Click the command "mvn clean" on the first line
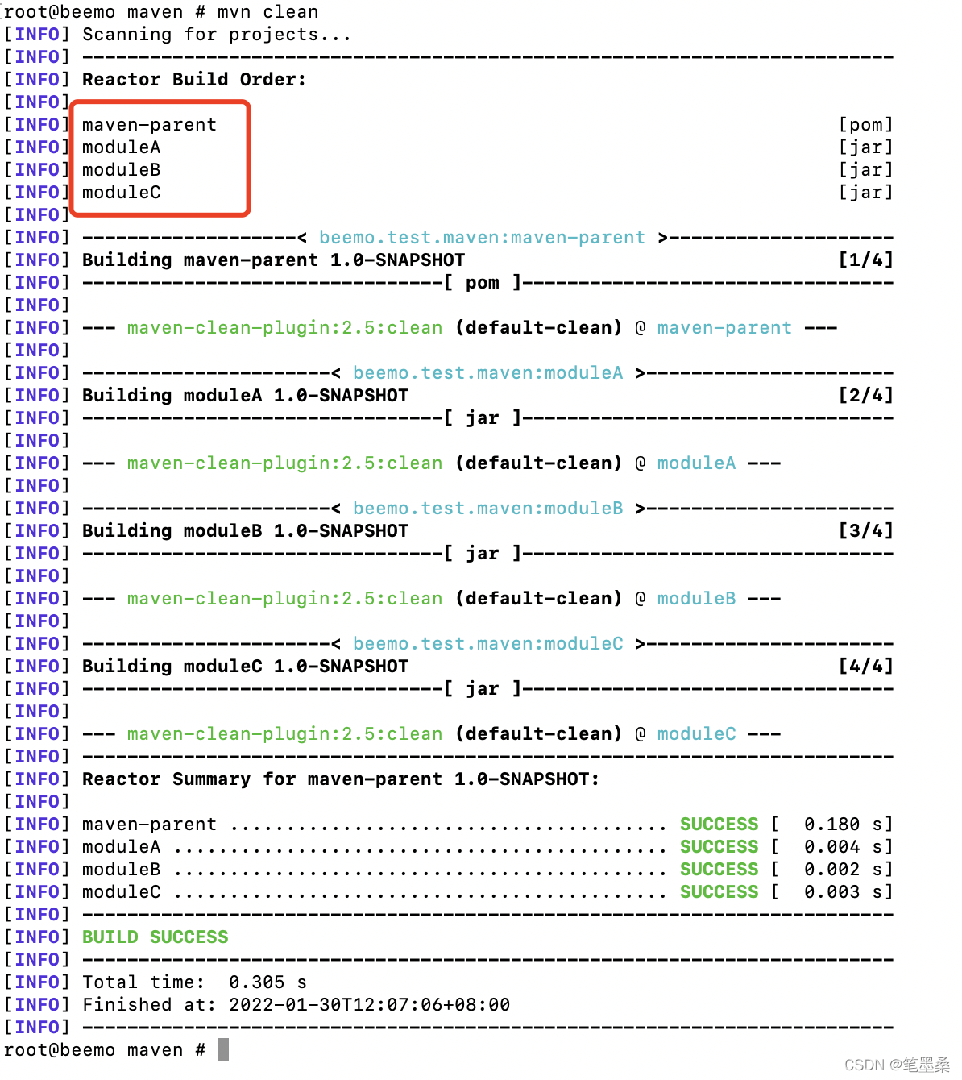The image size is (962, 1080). (x=267, y=12)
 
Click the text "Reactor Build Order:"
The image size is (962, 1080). (x=194, y=80)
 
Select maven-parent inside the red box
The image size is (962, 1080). (x=149, y=125)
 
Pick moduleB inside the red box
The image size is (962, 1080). (x=121, y=170)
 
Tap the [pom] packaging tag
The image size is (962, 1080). (x=865, y=125)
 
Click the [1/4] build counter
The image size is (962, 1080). (x=865, y=260)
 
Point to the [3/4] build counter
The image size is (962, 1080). (x=865, y=531)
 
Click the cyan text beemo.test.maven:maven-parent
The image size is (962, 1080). (x=482, y=238)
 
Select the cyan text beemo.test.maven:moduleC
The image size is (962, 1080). (x=487, y=644)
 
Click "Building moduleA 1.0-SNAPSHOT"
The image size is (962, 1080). (x=245, y=396)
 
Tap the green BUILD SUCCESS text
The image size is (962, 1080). (x=155, y=937)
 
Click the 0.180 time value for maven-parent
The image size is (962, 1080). (x=831, y=825)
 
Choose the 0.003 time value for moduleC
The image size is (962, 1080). (x=831, y=892)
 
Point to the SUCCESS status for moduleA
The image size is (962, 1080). (x=719, y=847)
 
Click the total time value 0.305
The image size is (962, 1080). (x=256, y=982)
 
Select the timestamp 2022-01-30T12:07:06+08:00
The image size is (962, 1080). (x=369, y=1005)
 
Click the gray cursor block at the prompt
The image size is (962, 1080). (x=223, y=1049)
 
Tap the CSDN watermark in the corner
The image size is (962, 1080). (x=897, y=1065)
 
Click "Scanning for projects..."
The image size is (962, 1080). (x=217, y=35)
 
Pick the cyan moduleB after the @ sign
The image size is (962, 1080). (x=696, y=599)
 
